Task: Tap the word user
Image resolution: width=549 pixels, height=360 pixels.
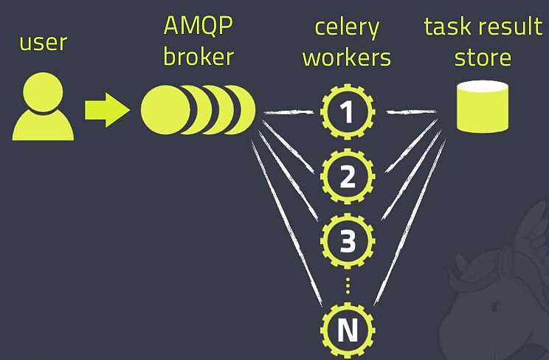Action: click(44, 42)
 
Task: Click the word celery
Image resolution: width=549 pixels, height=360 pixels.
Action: click(347, 27)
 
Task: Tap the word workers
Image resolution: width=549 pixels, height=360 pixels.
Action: click(347, 57)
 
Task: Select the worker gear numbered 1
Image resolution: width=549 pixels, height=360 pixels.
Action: click(348, 112)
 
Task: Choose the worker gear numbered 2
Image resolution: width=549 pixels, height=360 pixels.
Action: click(348, 175)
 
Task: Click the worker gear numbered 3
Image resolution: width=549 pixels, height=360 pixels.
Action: click(348, 239)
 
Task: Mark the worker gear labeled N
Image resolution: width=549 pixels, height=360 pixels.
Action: click(348, 330)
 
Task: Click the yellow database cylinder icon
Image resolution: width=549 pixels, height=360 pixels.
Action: click(483, 107)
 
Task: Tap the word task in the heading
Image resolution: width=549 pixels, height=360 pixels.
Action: click(447, 27)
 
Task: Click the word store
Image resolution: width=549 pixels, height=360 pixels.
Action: click(483, 57)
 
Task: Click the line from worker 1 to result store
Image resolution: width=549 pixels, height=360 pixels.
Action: click(410, 112)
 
